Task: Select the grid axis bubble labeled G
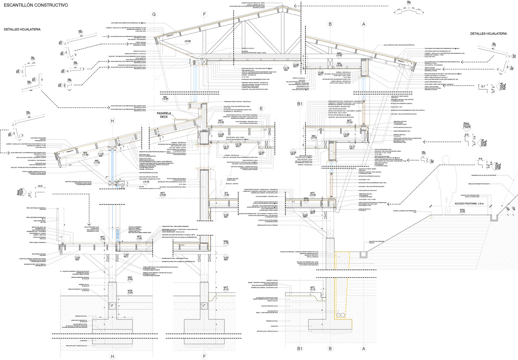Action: [154, 14]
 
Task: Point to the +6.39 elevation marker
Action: [187, 41]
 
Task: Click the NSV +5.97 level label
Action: [339, 55]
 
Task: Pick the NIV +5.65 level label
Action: [339, 65]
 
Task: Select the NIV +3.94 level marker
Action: [165, 98]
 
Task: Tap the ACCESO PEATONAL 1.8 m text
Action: [469, 204]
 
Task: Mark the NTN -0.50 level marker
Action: [462, 211]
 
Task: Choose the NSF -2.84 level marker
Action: [130, 278]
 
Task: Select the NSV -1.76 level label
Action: [226, 242]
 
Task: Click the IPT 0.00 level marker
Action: [226, 194]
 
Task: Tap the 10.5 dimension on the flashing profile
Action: [40, 186]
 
